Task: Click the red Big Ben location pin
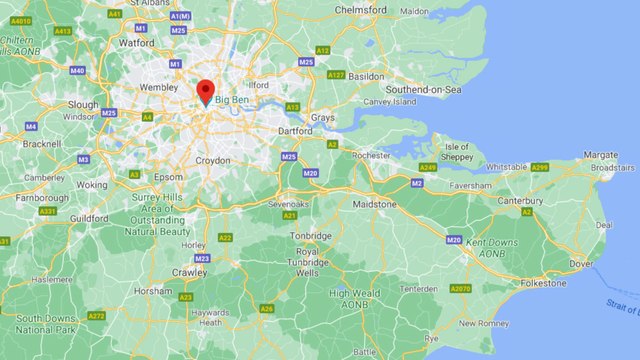(x=206, y=91)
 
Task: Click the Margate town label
(x=600, y=155)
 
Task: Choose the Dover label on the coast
(x=581, y=264)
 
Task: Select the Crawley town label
(x=190, y=271)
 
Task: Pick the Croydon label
(x=212, y=160)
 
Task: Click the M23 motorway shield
(x=202, y=258)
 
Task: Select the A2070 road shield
(x=460, y=289)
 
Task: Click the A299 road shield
(x=540, y=167)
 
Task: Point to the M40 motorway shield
(x=77, y=71)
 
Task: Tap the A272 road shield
(x=96, y=316)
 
